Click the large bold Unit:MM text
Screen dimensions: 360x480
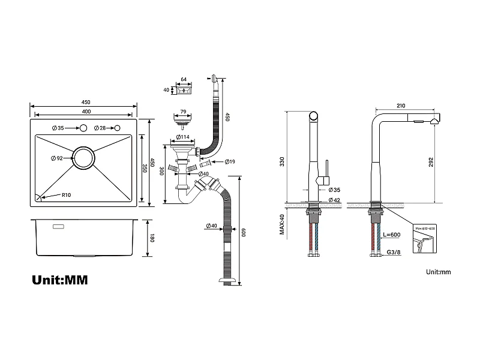click(x=59, y=280)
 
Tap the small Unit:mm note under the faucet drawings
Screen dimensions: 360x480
click(x=438, y=272)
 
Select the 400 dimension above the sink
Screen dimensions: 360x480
click(x=86, y=112)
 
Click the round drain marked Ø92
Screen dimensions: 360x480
click(x=83, y=158)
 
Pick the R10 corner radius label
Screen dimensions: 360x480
click(x=66, y=196)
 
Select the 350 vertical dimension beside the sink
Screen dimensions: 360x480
click(x=145, y=169)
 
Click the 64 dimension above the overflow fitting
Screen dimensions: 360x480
click(x=184, y=79)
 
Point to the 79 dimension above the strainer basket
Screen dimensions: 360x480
click(x=183, y=110)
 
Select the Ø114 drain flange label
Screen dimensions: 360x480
click(x=183, y=136)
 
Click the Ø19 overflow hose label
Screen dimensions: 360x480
click(x=230, y=162)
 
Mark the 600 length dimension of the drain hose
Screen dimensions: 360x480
click(x=244, y=232)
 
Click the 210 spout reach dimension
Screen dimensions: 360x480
click(x=401, y=106)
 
